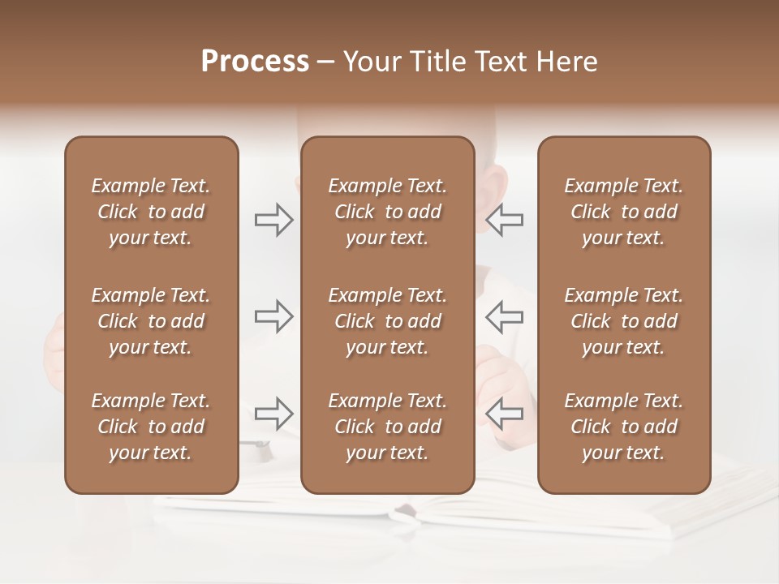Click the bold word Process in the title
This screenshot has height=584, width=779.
pyautogui.click(x=255, y=62)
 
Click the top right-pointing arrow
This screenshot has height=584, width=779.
pyautogui.click(x=273, y=220)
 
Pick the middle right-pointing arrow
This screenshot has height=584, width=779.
pyautogui.click(x=273, y=316)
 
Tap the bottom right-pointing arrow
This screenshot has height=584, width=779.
pyautogui.click(x=273, y=414)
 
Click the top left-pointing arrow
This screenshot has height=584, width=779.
pyautogui.click(x=505, y=220)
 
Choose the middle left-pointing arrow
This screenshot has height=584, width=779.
pyautogui.click(x=505, y=316)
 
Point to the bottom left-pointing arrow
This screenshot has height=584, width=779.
pyautogui.click(x=505, y=414)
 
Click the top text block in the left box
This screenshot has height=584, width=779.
pyautogui.click(x=151, y=212)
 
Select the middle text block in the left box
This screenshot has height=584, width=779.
pyautogui.click(x=151, y=321)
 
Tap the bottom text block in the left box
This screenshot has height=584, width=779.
pyautogui.click(x=151, y=427)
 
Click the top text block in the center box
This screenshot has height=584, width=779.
pyautogui.click(x=387, y=212)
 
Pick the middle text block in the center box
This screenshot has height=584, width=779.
pyautogui.click(x=387, y=321)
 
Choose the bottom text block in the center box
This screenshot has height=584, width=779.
pyautogui.click(x=387, y=427)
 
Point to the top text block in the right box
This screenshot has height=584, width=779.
pyautogui.click(x=623, y=212)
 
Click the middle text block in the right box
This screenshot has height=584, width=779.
pyautogui.click(x=623, y=321)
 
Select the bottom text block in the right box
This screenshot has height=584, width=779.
pyautogui.click(x=623, y=427)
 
